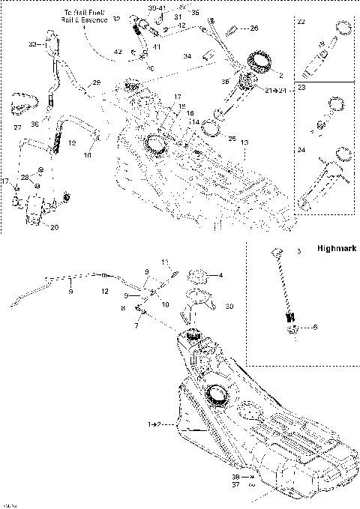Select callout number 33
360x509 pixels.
pyautogui.click(x=31, y=46)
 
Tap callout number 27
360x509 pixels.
pyautogui.click(x=17, y=128)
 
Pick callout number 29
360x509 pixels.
pyautogui.click(x=96, y=82)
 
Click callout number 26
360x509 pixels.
pyautogui.click(x=253, y=28)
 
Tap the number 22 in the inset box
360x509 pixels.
pyautogui.click(x=301, y=22)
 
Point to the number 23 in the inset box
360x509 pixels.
pyautogui.click(x=301, y=87)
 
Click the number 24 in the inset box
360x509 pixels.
pyautogui.click(x=301, y=150)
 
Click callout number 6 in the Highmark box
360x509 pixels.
pyautogui.click(x=315, y=326)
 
